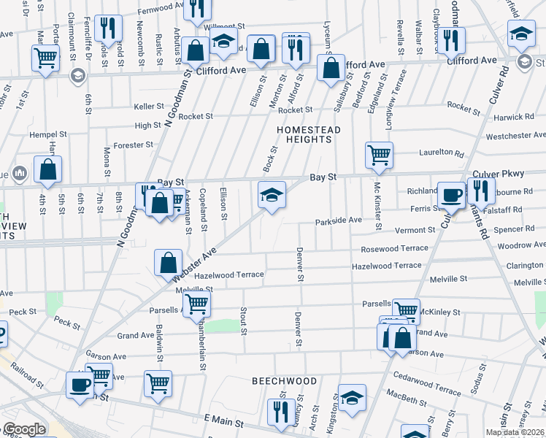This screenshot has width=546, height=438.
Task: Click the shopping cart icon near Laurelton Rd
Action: point(379,155)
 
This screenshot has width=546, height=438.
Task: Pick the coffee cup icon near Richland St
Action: point(451,195)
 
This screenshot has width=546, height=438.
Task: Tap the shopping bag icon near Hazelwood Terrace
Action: point(168,263)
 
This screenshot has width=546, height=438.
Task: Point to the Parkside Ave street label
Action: point(338,220)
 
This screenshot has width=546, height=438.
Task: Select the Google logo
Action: point(23,429)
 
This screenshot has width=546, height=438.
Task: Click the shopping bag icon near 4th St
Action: point(47,169)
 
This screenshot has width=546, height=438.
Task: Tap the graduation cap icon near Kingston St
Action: point(352,397)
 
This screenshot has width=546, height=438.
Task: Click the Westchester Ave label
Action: point(515,136)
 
